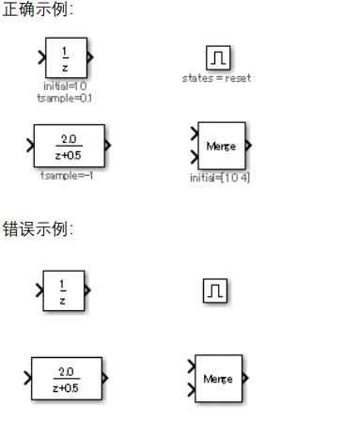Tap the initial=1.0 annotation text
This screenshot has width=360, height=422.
point(64,86)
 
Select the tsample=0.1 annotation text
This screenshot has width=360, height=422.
point(64,97)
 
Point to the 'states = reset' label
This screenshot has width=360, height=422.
point(216,78)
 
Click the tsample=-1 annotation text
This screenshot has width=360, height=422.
point(67,175)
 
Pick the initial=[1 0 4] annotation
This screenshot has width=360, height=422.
point(220,178)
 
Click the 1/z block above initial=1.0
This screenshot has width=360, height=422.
point(65,57)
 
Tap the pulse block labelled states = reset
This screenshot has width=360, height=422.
point(216,57)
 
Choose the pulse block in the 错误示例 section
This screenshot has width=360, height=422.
point(215,291)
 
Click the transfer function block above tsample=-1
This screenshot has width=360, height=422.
point(68,145)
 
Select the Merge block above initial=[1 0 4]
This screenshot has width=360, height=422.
point(222,145)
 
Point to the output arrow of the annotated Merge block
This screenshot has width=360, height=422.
point(248,145)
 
